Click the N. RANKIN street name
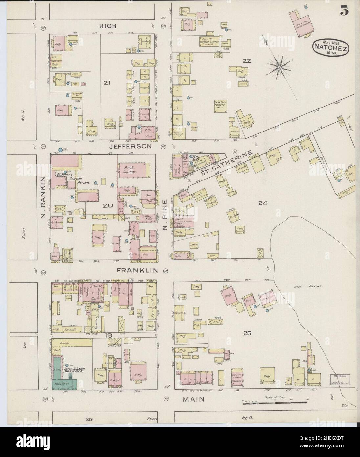43,193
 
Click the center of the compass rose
279,67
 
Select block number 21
106,83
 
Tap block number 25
247,333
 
